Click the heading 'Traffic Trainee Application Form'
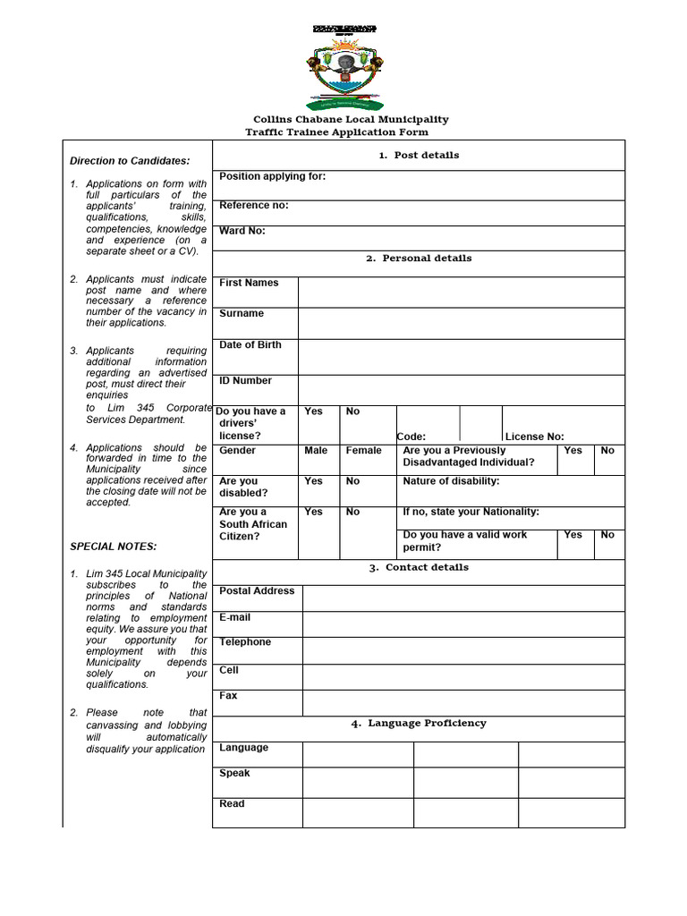[336, 132]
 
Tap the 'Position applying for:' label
[273, 177]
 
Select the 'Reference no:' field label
[254, 206]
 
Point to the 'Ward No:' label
[242, 231]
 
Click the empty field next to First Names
[461, 292]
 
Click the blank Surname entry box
[461, 323]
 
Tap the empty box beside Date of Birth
[461, 356]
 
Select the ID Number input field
[461, 389]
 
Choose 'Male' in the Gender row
[316, 451]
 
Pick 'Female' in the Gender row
[363, 451]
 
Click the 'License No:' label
[534, 437]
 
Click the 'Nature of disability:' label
[451, 481]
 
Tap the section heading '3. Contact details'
[418, 567]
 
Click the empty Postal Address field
[463, 598]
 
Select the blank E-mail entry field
[463, 623]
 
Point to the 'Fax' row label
[228, 695]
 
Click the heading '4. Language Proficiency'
[419, 723]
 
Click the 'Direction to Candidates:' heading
[130, 161]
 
